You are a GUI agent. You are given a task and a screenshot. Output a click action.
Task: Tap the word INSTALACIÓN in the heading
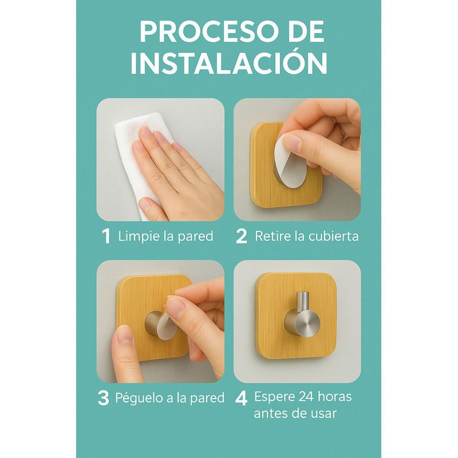(228, 63)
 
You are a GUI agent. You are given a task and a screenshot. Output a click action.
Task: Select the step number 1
(106, 236)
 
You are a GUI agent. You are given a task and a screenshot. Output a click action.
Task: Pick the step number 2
(242, 236)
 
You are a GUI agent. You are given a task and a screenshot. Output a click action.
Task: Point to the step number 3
(103, 398)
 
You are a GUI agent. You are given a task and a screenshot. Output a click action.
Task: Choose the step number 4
(242, 398)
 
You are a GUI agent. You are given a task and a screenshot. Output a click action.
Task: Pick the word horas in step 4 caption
(335, 396)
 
